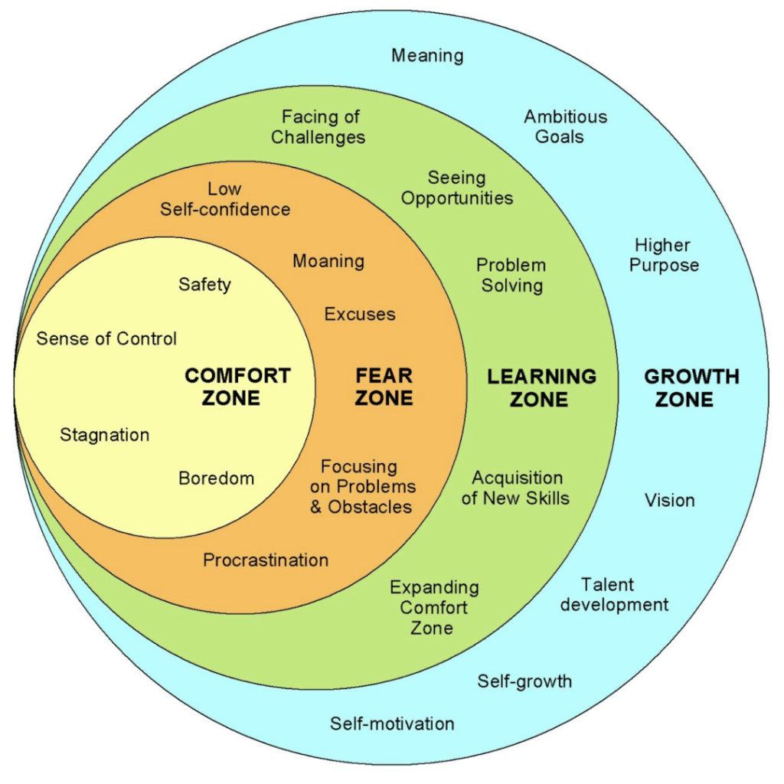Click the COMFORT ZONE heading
pos(238,387)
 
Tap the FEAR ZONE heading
pos(384,387)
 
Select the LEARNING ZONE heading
pos(541,387)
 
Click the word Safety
pos(204,285)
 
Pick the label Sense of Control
pos(106,338)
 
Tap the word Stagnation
pos(105,436)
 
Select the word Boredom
pos(216,479)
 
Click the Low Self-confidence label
pos(225,199)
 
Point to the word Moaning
pos(328,261)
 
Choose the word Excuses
pos(360,314)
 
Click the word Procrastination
pos(266,560)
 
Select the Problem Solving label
pos(511,276)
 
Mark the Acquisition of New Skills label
pos(520,488)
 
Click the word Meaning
pos(427,55)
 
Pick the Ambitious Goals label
pos(565,126)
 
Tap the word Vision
pos(670,501)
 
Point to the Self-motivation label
pos(392,724)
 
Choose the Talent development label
pos(614,595)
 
